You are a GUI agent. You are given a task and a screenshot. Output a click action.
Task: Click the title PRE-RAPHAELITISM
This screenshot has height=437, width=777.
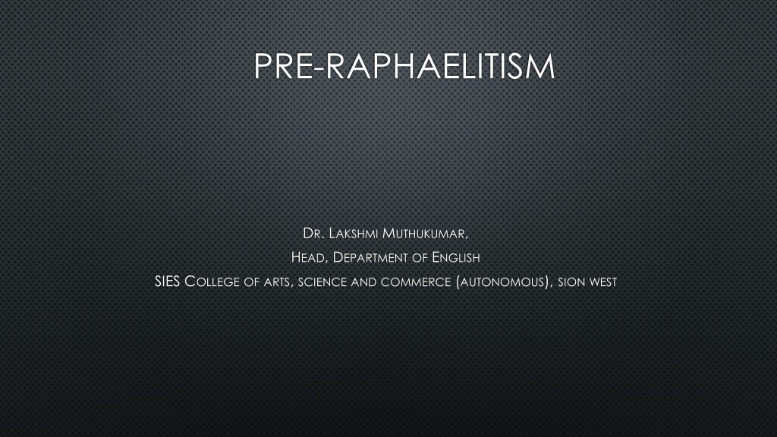tap(404, 67)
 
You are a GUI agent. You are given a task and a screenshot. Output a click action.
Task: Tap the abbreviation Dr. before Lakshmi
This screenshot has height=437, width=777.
tap(313, 234)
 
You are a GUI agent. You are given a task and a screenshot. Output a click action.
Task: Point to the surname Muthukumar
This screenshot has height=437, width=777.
tap(423, 234)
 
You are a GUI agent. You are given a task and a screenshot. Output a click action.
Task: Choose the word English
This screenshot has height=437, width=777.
tap(456, 258)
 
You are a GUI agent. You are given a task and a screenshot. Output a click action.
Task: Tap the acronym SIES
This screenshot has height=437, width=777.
tap(167, 281)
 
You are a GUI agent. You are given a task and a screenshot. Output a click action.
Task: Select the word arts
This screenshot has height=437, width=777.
tap(278, 283)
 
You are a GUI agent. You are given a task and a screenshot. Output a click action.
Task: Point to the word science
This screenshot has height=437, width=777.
tap(322, 282)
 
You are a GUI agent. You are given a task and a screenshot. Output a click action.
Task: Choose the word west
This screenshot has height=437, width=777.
tap(602, 282)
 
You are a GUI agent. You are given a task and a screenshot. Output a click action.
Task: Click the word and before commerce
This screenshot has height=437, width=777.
tap(363, 282)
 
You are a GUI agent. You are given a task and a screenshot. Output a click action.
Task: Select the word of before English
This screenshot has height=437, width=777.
tap(420, 259)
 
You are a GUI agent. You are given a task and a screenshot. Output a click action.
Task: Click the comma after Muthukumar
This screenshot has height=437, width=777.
tap(467, 237)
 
